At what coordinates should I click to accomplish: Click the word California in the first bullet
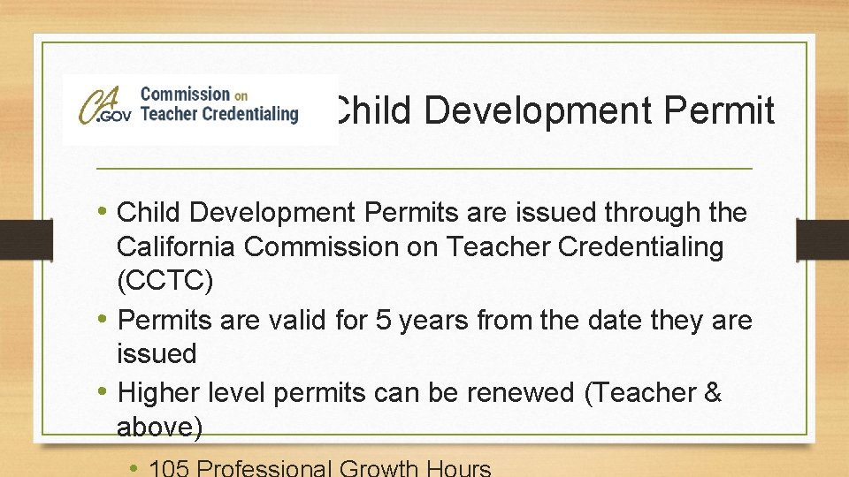[x=177, y=247]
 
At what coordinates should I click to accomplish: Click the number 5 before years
[x=383, y=319]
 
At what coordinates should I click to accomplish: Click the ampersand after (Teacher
[x=713, y=392]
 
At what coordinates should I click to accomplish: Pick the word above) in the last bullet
[x=159, y=428]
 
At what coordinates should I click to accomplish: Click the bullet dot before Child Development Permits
[x=103, y=212]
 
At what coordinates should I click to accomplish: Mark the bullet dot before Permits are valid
[x=103, y=319]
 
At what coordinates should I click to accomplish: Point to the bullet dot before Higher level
[x=103, y=392]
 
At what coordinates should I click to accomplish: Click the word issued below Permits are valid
[x=157, y=354]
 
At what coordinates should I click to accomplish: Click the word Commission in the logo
[x=184, y=94]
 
